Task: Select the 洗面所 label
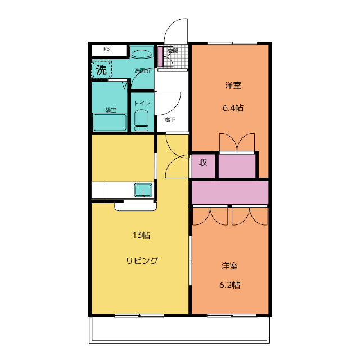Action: (141, 71)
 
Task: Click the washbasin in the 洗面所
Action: (142, 53)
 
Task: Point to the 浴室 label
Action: (111, 110)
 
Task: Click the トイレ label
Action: (141, 103)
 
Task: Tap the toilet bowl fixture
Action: (141, 119)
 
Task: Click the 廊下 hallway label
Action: (169, 119)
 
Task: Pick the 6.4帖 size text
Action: (232, 107)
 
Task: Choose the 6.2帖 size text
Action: (229, 285)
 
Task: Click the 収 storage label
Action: (203, 164)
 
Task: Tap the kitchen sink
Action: (143, 190)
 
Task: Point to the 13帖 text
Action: (141, 235)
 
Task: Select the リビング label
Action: (141, 260)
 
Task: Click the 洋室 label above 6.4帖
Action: (233, 85)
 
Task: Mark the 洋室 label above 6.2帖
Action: (229, 265)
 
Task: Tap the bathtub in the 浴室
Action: (110, 122)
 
